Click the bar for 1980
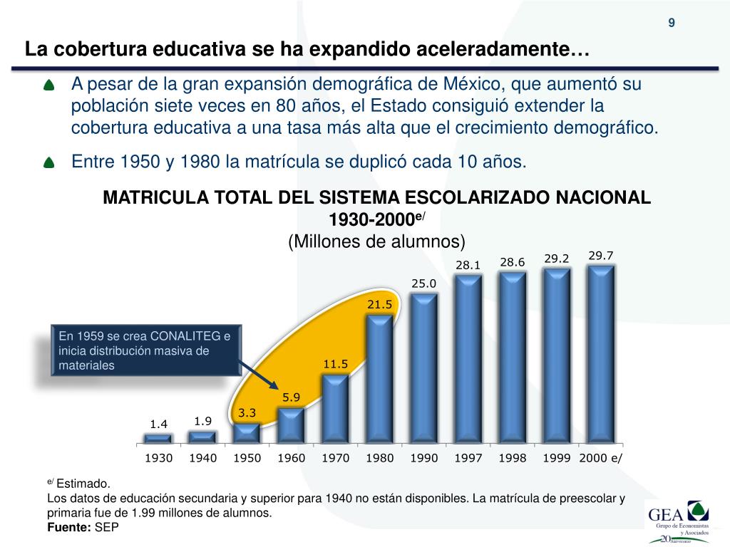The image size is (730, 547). coord(379,379)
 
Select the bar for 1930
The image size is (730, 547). coord(158,439)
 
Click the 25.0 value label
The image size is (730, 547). coord(423,283)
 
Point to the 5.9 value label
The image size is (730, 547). coord(291,397)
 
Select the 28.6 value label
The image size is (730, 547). coord(512,262)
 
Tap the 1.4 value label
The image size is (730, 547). coord(158,424)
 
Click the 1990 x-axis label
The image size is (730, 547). coord(423,458)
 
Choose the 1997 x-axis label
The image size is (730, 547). coord(468,458)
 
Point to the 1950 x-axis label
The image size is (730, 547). coord(247,458)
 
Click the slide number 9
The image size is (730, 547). coord(671,23)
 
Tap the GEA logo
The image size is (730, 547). coord(676,521)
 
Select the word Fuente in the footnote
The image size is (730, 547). coord(68,527)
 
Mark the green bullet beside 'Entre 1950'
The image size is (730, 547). coord(48,163)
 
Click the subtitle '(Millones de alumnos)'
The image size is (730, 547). coord(376,241)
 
